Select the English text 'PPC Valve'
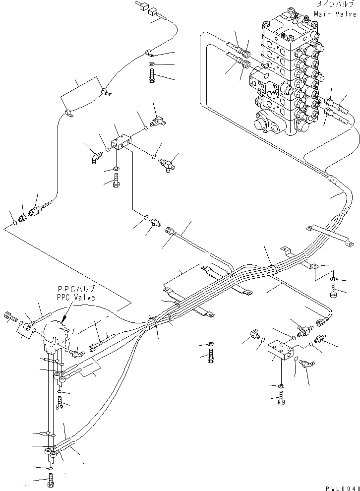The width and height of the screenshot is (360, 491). pos(76,298)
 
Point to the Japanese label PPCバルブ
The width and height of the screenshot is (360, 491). pos(76,290)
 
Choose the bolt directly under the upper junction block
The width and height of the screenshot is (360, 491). pos(116,183)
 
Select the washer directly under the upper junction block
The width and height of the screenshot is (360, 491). pos(116,170)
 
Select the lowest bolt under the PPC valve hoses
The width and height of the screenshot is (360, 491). pos(51,481)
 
